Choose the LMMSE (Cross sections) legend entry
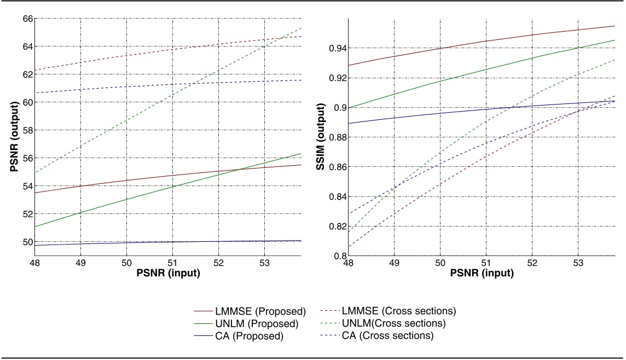399,311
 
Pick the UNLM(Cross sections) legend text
393,323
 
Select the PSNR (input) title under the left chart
169,273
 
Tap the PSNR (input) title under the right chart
483,273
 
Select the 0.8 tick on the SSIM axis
339,256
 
